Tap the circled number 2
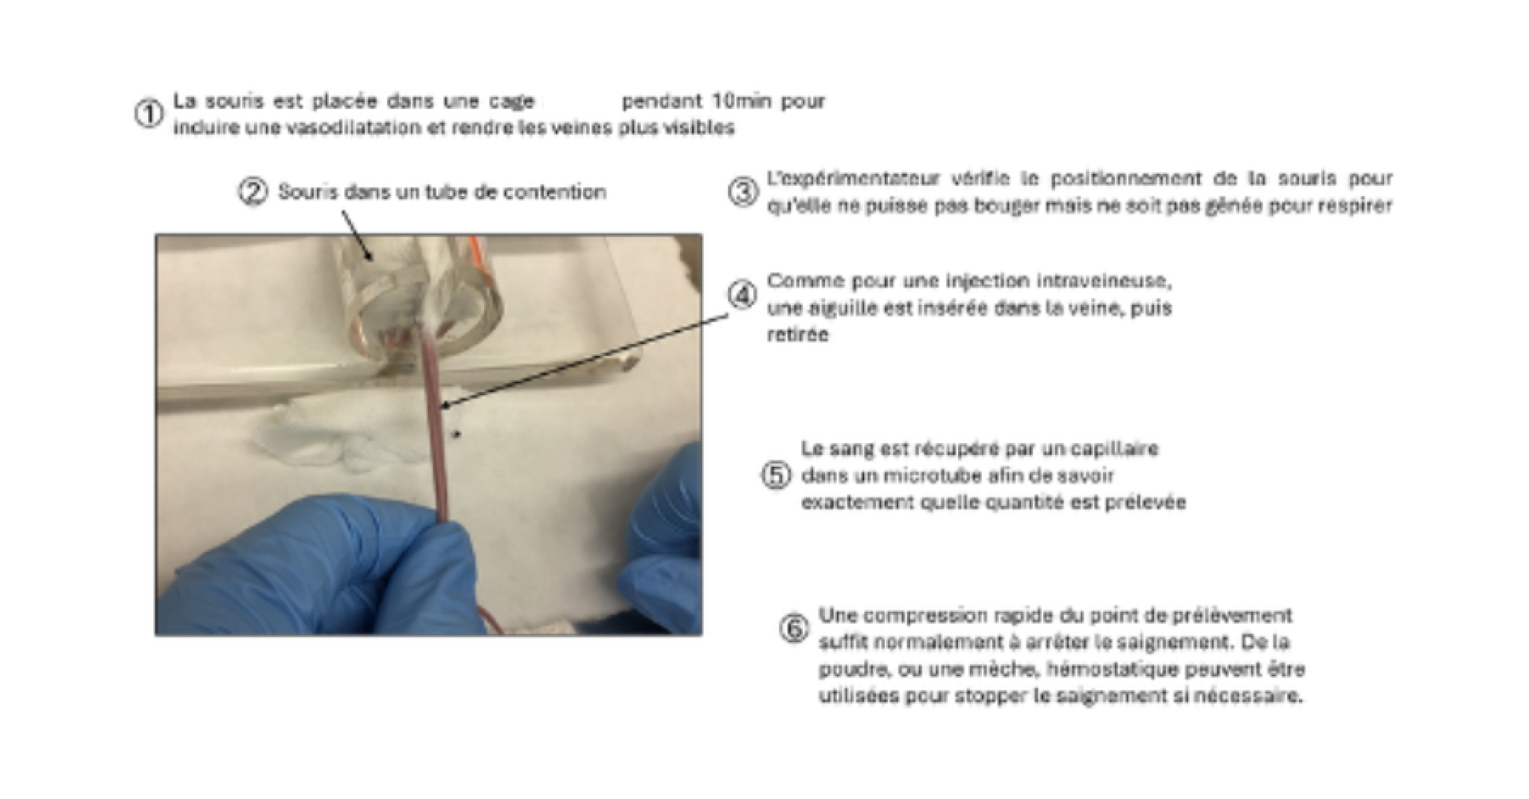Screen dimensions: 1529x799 tap(253, 192)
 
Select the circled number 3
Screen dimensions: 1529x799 tap(743, 192)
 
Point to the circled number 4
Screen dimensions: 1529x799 tap(743, 296)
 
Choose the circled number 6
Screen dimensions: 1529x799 tap(794, 629)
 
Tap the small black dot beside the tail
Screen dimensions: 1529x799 tap(457, 435)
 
